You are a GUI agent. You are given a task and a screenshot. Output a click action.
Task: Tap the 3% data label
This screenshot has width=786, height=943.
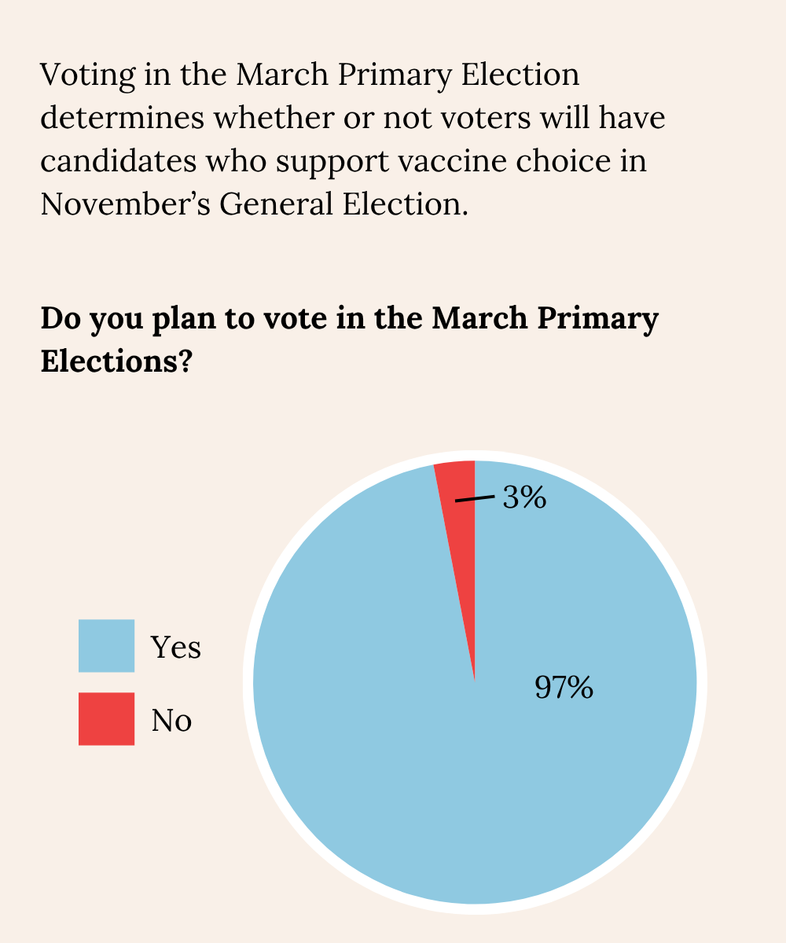click(524, 497)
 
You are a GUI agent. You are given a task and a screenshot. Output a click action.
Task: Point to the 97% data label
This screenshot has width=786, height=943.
click(564, 688)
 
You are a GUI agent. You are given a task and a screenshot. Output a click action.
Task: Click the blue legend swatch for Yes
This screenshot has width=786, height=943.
click(106, 646)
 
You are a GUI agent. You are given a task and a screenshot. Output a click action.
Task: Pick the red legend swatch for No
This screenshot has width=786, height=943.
click(106, 718)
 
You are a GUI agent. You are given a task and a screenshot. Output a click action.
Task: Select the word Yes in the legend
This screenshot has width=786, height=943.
click(176, 648)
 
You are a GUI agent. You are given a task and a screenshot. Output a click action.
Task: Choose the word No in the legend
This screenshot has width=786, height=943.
click(171, 720)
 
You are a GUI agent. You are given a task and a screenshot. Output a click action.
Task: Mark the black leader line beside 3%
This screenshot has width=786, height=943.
click(475, 499)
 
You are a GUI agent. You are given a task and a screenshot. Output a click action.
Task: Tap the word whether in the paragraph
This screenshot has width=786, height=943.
click(281, 119)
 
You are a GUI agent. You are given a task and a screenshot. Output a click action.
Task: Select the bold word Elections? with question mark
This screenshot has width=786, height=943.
click(116, 361)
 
